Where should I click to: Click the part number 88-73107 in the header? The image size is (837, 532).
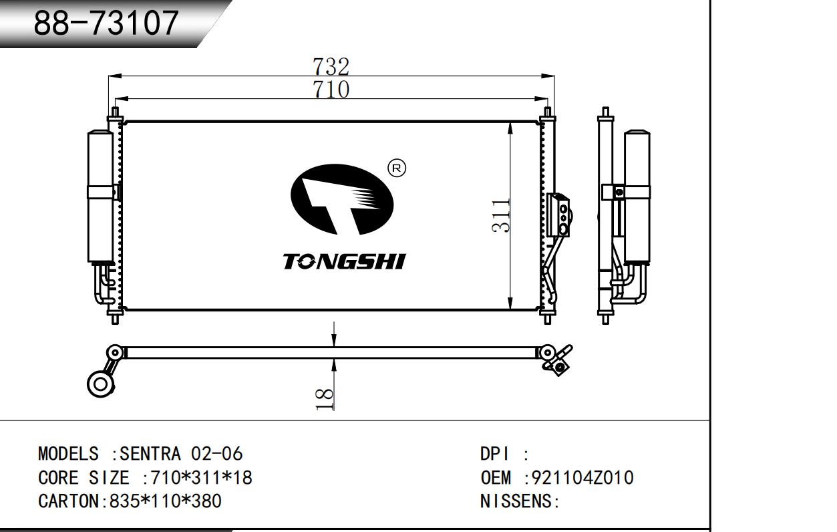tap(106, 23)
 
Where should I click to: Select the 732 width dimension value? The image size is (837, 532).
tap(331, 67)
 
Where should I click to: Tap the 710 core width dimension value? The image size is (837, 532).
tap(331, 90)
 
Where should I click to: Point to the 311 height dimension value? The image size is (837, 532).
tap(501, 217)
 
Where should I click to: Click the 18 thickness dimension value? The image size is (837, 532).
tap(325, 400)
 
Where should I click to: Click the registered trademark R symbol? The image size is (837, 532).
tap(397, 168)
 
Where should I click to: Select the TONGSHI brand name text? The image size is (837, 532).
tap(344, 261)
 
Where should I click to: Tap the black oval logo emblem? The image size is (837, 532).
tap(342, 200)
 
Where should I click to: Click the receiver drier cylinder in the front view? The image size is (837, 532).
tap(100, 196)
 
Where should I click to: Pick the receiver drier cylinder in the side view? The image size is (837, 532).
tap(637, 196)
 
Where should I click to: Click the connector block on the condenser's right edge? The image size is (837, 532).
tap(558, 215)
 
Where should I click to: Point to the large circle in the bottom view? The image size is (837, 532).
tap(100, 384)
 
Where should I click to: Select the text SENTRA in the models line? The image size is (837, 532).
tap(150, 454)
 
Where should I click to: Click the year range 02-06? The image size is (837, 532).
tap(216, 454)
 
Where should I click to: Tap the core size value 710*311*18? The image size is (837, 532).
tap(202, 477)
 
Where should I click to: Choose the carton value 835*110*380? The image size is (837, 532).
tap(166, 501)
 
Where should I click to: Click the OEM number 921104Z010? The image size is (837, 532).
tap(582, 477)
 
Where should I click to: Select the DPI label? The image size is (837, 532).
tap(494, 454)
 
